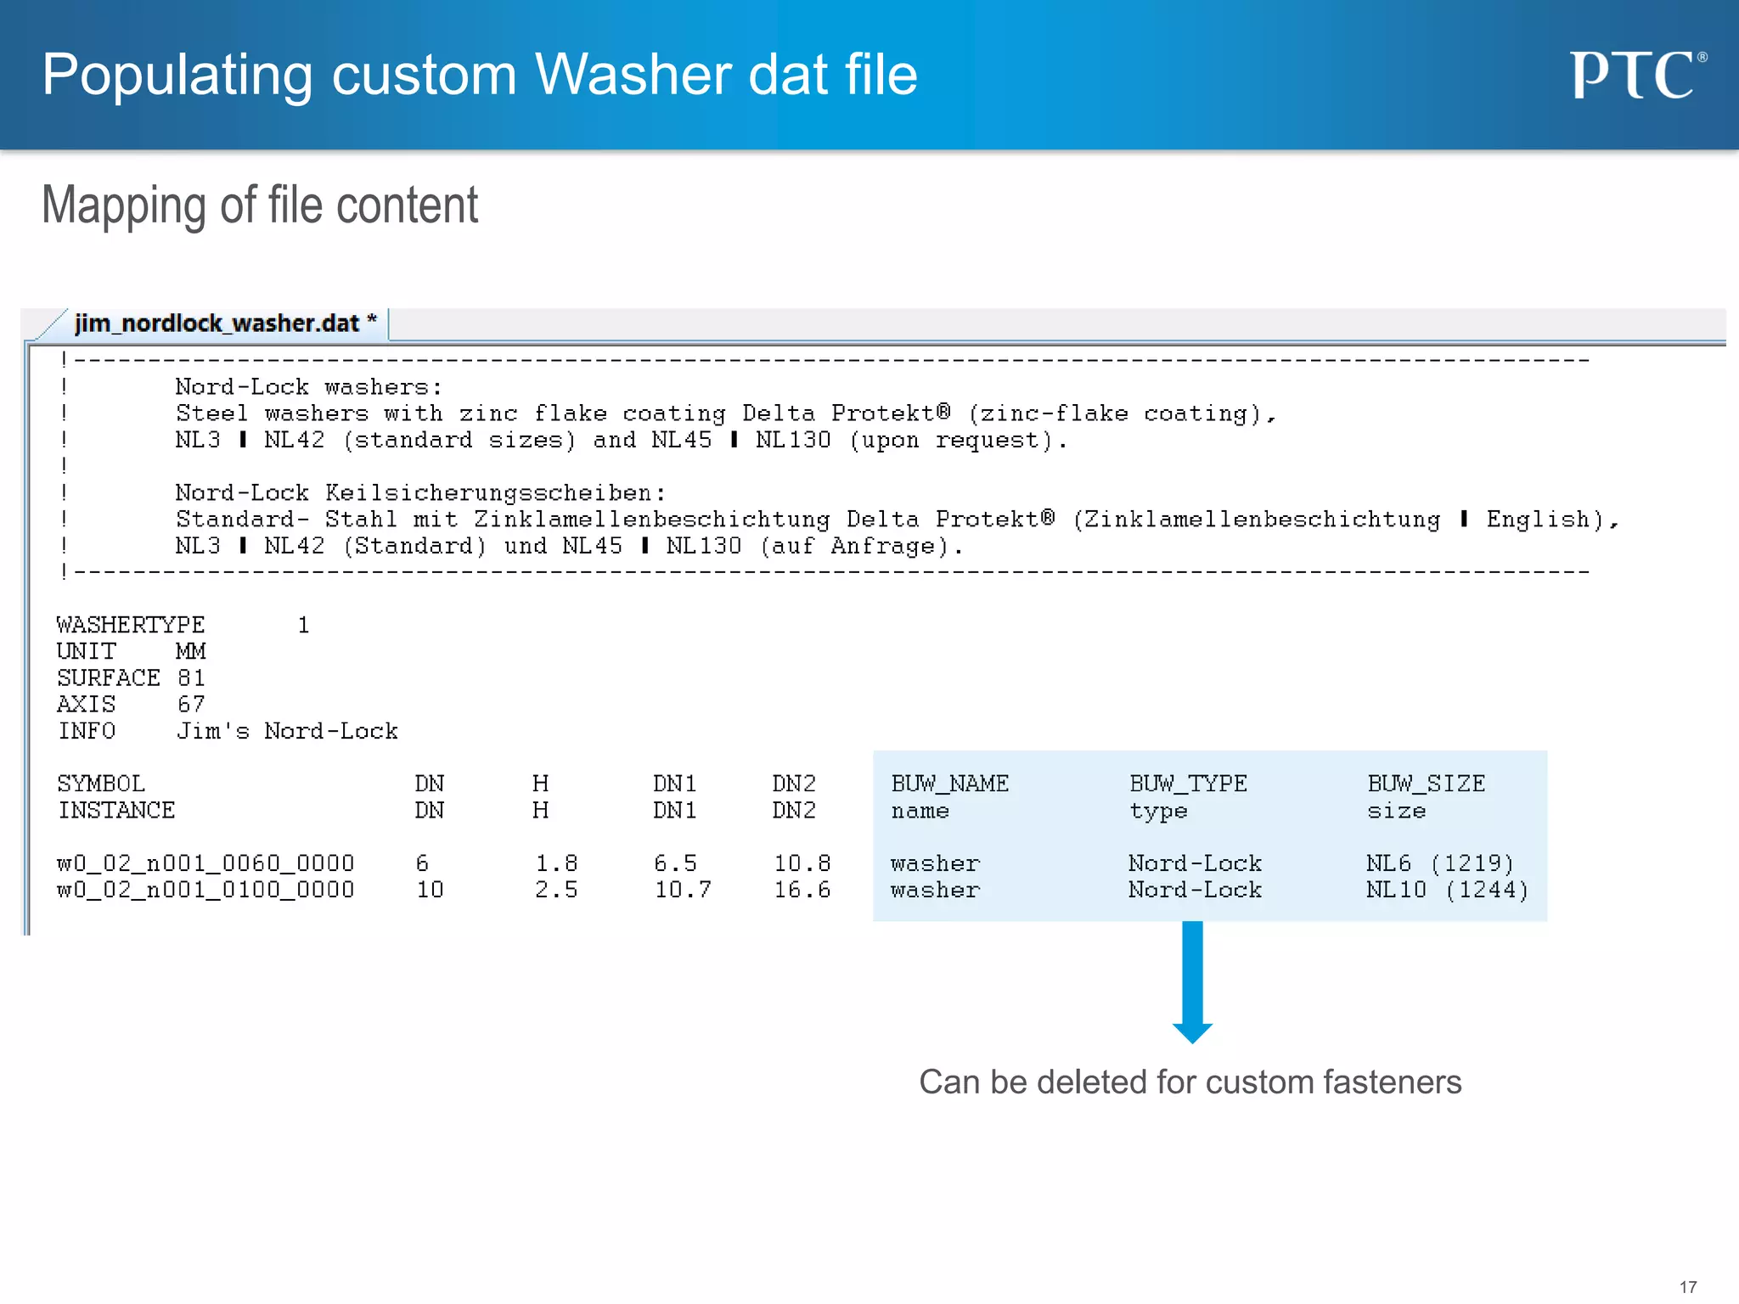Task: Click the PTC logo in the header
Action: (1636, 75)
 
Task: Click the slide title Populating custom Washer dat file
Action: (480, 75)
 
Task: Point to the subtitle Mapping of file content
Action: (260, 205)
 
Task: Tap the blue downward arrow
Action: (1192, 981)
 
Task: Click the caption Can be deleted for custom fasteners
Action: (1190, 1082)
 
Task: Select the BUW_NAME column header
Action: (949, 784)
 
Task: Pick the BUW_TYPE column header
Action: (1187, 784)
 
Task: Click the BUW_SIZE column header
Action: (1426, 784)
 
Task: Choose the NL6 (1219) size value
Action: (1439, 863)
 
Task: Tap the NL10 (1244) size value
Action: (1447, 890)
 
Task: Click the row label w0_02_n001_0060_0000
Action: (205, 863)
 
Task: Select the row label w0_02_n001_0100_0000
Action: (205, 890)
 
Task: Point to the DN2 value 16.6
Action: (802, 890)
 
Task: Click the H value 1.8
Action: (556, 863)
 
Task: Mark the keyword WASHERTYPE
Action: (131, 625)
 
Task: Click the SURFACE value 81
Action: (191, 677)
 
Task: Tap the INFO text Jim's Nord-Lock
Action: (287, 731)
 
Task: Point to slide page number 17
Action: (1688, 1287)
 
